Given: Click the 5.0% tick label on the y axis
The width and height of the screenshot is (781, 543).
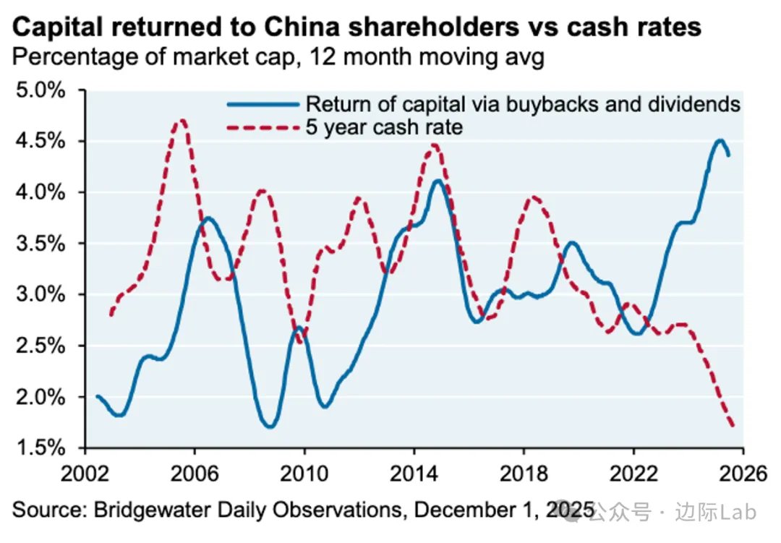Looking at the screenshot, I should coord(41,91).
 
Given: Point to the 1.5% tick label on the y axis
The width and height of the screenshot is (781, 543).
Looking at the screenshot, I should coord(41,448).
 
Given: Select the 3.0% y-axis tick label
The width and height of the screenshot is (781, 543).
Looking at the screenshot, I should coord(41,295).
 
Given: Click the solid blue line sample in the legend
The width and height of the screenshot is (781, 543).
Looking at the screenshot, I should coord(263,104).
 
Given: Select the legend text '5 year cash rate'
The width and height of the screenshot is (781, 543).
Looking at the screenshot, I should coord(385,127).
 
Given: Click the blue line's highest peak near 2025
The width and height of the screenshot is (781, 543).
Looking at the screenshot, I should coord(720,140).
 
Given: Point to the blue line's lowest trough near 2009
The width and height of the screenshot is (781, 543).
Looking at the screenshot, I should coord(270,427).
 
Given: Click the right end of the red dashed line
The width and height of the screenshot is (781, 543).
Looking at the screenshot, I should coord(733,425).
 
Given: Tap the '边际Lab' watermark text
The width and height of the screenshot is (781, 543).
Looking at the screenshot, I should coord(718,513).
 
